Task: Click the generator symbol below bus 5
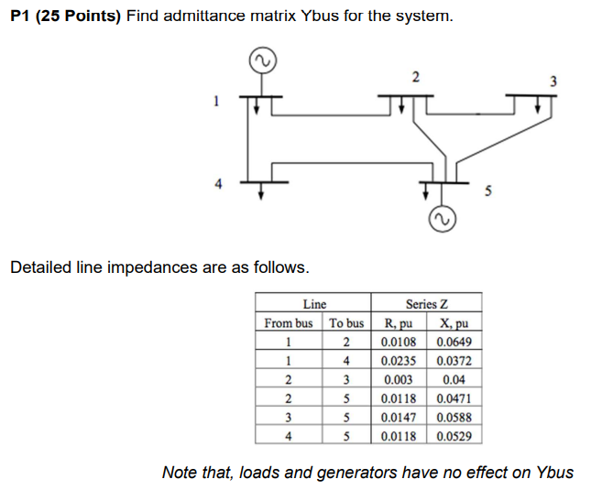pyautogui.click(x=442, y=221)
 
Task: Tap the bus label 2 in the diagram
pyautogui.click(x=415, y=76)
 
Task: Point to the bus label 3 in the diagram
pyautogui.click(x=553, y=82)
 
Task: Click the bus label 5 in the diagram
pyautogui.click(x=487, y=193)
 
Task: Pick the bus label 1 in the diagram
pyautogui.click(x=216, y=103)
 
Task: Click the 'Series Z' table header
pyautogui.click(x=426, y=304)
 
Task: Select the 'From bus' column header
pyautogui.click(x=288, y=323)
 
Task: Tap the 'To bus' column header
pyautogui.click(x=346, y=323)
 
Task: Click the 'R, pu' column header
pyautogui.click(x=398, y=323)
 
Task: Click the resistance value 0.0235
pyautogui.click(x=399, y=361)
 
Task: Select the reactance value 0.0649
pyautogui.click(x=455, y=343)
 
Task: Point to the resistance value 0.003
pyautogui.click(x=399, y=380)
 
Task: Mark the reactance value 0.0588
pyautogui.click(x=455, y=418)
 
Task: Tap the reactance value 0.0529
pyautogui.click(x=455, y=437)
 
